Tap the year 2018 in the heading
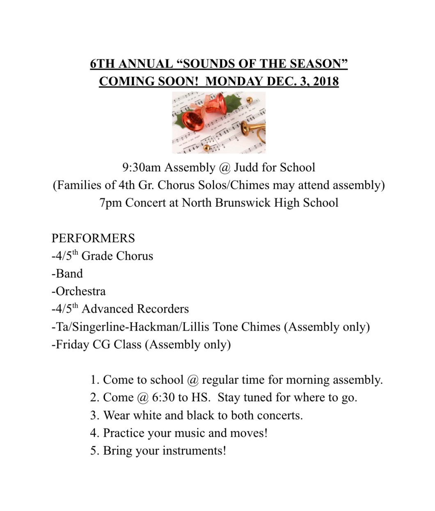point(325,81)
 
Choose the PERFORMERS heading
point(93,238)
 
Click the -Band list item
point(67,274)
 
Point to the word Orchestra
point(80,291)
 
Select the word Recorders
point(163,309)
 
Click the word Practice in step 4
point(124,433)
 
